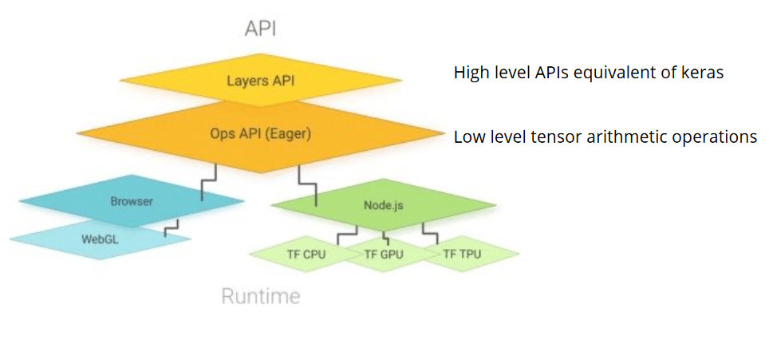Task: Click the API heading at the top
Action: pos(260,30)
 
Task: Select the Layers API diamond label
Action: pos(260,81)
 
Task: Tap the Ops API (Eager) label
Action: pos(261,133)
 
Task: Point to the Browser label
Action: pos(132,201)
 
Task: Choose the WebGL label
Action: pos(101,237)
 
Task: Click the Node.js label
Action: pos(383,205)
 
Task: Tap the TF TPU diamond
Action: pos(463,255)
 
